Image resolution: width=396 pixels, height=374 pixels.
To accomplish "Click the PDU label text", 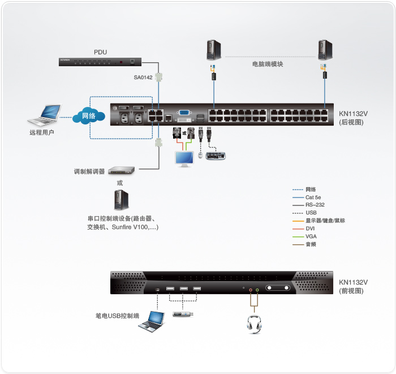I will click(100, 51).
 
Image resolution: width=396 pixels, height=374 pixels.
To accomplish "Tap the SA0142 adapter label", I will click(143, 78).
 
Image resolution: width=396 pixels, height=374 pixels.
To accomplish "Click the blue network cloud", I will click(89, 117).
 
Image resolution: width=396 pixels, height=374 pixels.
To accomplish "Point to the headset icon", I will click(254, 324).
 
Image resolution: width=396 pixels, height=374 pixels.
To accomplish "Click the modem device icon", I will click(122, 170).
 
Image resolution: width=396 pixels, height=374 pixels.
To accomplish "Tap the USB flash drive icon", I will click(184, 315).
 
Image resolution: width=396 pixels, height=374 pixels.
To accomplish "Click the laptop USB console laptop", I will click(152, 321).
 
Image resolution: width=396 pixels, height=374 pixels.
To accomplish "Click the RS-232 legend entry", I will click(315, 205).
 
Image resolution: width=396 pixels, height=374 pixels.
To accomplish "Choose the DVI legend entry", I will click(310, 229).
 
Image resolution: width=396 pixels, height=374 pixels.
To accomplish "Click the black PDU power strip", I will click(100, 61).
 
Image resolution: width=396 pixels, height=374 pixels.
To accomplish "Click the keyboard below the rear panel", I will click(216, 156).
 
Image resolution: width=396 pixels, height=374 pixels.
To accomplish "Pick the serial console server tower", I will click(120, 199).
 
